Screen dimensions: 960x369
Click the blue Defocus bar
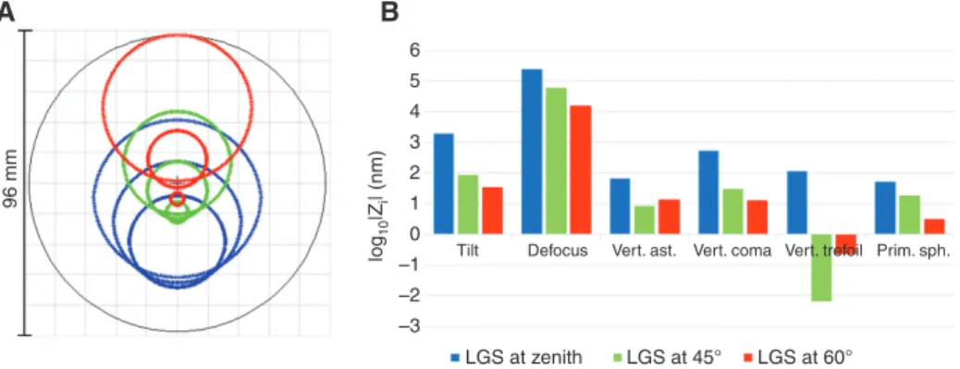pos(532,151)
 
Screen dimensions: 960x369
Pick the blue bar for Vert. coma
pos(708,192)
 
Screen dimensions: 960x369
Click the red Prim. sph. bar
pos(934,227)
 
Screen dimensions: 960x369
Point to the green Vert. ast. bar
pos(644,220)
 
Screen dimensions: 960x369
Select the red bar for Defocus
pos(581,169)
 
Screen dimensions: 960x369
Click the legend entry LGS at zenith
pos(514,355)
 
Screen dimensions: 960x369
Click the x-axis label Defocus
pos(557,251)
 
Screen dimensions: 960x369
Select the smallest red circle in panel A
pos(177,199)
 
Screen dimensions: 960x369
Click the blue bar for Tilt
pos(443,184)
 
